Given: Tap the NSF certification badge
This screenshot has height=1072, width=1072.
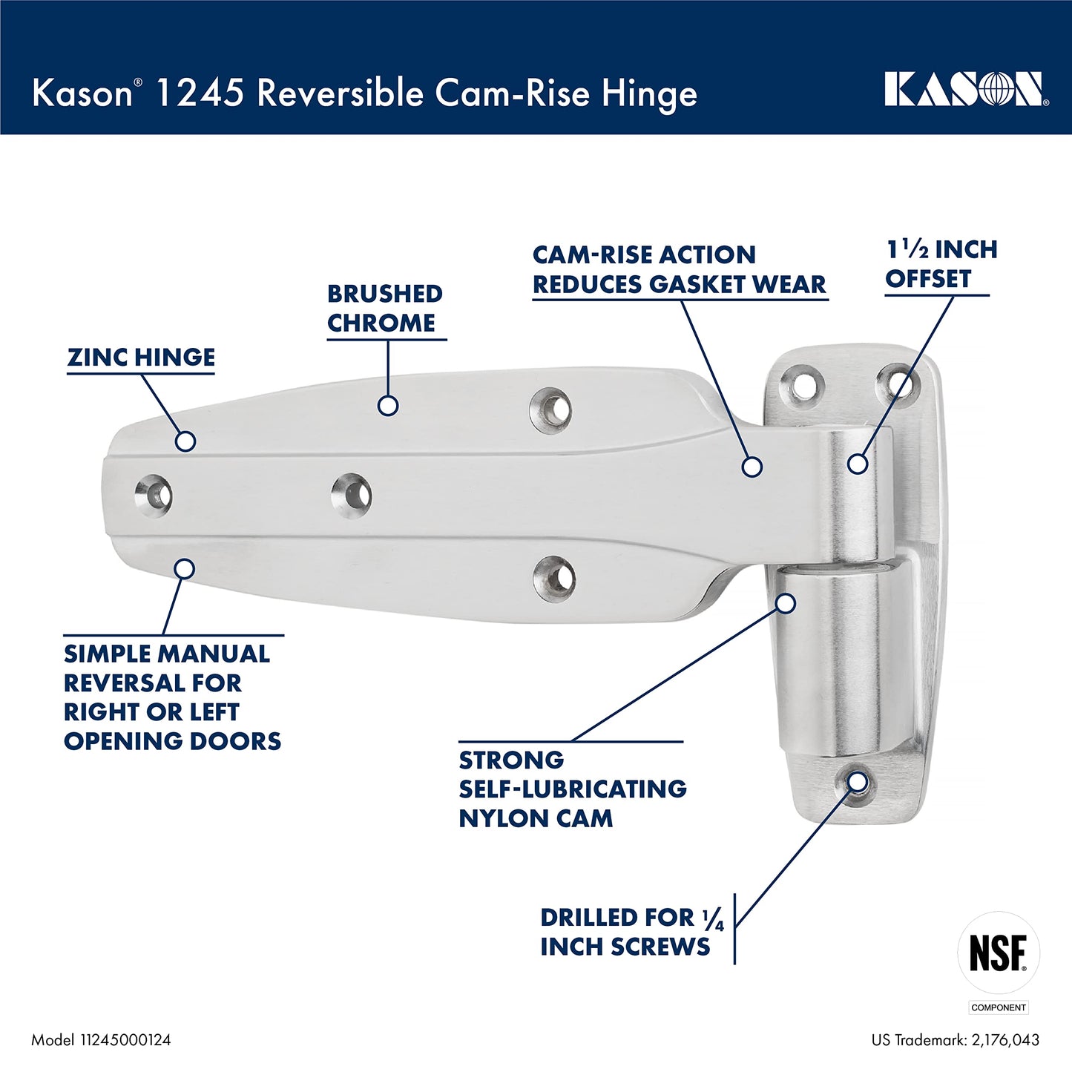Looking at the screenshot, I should pyautogui.click(x=999, y=953).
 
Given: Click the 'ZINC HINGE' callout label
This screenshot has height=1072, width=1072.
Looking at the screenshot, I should pyautogui.click(x=141, y=358).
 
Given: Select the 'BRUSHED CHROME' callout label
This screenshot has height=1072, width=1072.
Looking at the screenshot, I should pyautogui.click(x=385, y=309).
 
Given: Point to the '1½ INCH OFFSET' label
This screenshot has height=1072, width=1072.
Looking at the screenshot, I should pyautogui.click(x=941, y=264).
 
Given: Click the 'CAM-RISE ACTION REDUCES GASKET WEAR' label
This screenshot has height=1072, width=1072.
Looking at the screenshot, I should pyautogui.click(x=679, y=269).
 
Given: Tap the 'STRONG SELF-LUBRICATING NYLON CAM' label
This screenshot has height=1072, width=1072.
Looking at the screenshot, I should pyautogui.click(x=572, y=789).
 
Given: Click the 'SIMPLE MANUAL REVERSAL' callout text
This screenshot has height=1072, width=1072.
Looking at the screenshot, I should pyautogui.click(x=172, y=697).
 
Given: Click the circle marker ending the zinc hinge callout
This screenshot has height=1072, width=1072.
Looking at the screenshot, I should pyautogui.click(x=185, y=441).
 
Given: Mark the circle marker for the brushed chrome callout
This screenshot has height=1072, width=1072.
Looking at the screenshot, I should pyautogui.click(x=388, y=405).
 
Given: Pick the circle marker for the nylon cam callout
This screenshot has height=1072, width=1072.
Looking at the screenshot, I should pyautogui.click(x=786, y=603).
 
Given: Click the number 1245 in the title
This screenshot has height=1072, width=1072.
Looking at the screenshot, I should pyautogui.click(x=200, y=93).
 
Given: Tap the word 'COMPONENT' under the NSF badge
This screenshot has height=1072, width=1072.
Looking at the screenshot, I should pyautogui.click(x=999, y=1007).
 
